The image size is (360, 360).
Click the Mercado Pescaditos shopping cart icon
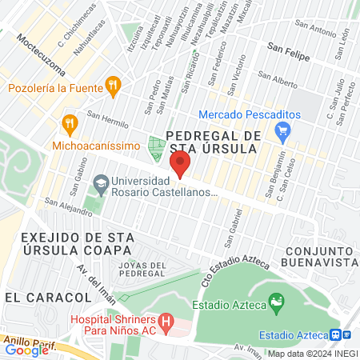282,130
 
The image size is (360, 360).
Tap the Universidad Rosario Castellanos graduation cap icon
101,185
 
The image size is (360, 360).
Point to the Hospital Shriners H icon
166,323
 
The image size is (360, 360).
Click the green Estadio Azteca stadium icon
277,303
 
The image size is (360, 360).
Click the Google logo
26,350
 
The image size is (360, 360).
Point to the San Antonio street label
312,30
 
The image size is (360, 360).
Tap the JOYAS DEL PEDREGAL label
142,269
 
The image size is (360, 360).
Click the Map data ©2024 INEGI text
313,354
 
